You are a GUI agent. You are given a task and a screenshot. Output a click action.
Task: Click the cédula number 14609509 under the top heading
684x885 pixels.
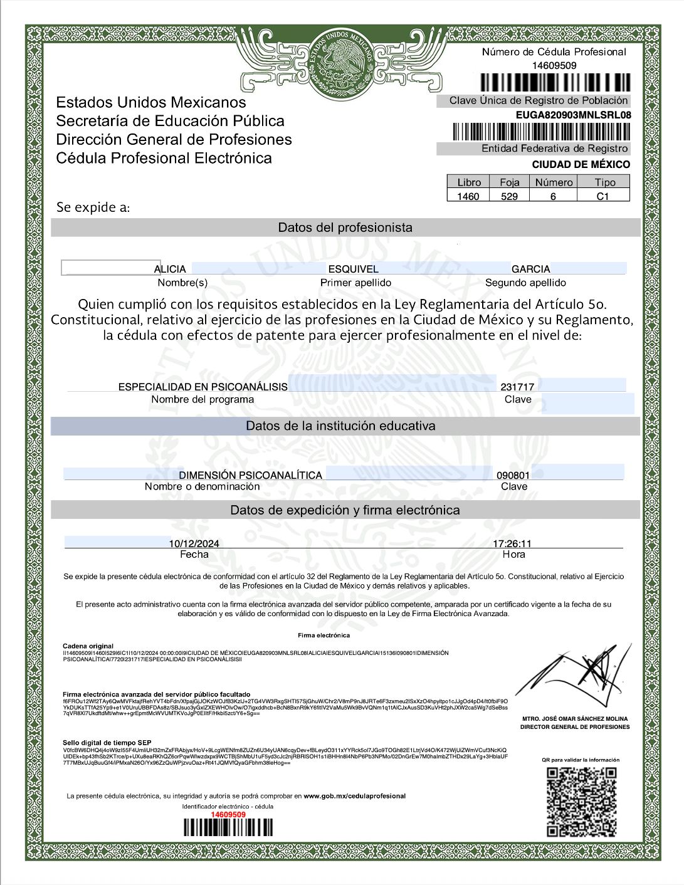click(554, 65)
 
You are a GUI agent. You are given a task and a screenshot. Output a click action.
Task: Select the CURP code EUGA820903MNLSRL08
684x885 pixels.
click(573, 115)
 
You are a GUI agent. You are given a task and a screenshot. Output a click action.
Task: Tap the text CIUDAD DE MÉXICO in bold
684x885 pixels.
click(581, 164)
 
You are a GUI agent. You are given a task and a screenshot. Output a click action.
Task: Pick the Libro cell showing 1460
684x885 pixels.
click(468, 196)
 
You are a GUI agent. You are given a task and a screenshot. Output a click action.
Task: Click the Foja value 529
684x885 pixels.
click(510, 196)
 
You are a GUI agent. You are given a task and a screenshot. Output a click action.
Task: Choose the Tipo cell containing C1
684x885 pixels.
click(602, 196)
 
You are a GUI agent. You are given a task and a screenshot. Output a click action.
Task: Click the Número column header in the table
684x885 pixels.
click(554, 182)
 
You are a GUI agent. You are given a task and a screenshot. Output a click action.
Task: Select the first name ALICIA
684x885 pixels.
click(170, 269)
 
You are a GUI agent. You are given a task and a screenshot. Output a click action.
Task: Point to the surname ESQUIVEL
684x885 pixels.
click(354, 269)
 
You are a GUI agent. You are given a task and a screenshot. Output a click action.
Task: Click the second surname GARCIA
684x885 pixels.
click(530, 269)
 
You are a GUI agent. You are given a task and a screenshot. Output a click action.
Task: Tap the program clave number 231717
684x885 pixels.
click(517, 387)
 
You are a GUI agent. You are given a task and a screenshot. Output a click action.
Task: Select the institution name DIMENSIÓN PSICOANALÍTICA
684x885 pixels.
click(251, 475)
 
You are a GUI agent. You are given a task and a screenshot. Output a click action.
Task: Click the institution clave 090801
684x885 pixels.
click(513, 475)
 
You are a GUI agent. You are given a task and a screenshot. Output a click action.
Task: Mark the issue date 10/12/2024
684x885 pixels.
click(194, 543)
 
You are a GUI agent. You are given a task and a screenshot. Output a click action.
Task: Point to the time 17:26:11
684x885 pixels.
click(512, 543)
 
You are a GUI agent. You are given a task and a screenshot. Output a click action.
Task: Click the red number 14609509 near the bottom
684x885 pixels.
click(228, 814)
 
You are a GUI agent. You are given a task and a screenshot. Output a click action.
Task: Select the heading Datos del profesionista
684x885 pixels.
click(345, 228)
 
